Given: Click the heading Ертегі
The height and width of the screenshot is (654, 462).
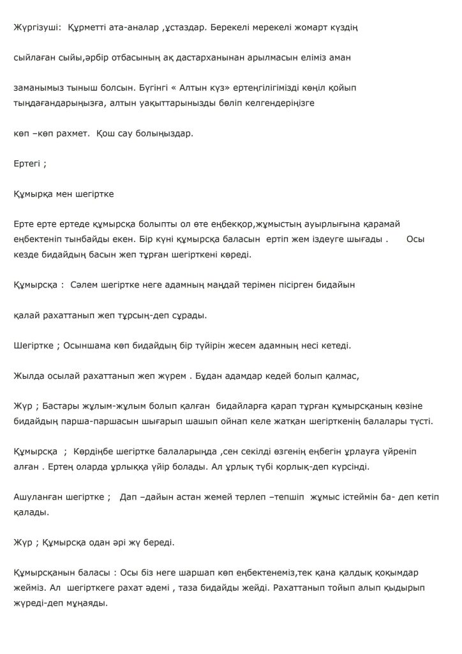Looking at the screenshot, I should point(27,163).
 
